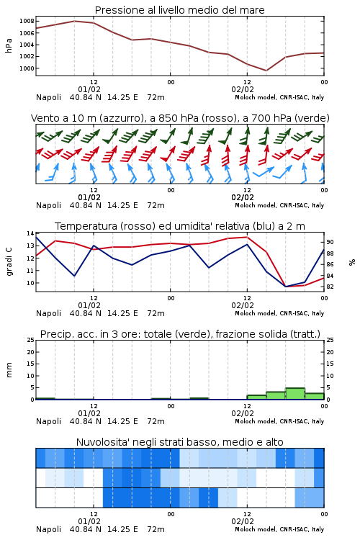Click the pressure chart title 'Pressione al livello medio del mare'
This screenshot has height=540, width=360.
(x=179, y=10)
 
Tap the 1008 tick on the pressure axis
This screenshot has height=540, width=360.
(x=27, y=21)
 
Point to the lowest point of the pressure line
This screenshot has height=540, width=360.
(x=266, y=71)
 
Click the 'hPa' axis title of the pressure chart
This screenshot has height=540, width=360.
(x=9, y=45)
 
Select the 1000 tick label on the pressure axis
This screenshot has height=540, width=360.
(x=27, y=68)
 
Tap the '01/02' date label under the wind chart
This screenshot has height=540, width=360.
(x=89, y=197)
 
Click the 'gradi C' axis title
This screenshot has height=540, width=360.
(x=9, y=261)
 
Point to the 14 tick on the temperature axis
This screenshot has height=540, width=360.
(x=30, y=233)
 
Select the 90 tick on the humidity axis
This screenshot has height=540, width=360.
(x=330, y=242)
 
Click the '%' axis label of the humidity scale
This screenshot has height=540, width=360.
(x=352, y=262)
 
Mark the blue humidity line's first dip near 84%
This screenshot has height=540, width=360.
(x=74, y=276)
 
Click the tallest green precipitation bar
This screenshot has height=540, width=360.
(x=295, y=394)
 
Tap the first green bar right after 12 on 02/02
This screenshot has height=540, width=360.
(x=256, y=397)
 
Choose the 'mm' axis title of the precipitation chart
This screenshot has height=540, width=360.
(x=9, y=370)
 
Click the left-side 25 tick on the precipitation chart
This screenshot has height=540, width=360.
(x=30, y=340)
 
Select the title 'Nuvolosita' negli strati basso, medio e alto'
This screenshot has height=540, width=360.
(x=179, y=442)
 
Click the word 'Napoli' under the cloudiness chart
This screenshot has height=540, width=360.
(x=48, y=529)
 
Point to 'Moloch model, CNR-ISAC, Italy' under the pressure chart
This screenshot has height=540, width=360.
(x=279, y=97)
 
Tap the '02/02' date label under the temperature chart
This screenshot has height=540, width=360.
(x=243, y=305)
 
